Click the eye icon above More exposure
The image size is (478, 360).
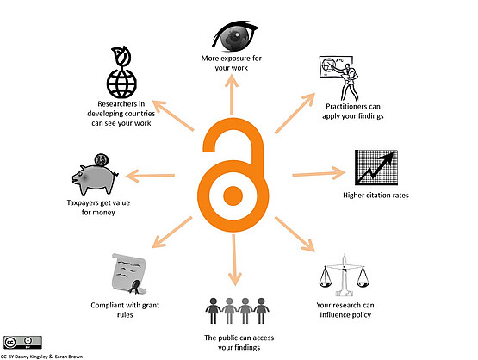click(x=235, y=35)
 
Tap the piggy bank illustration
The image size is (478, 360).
click(x=95, y=178)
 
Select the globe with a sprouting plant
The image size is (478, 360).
click(x=121, y=72)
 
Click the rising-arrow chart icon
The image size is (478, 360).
click(x=376, y=168)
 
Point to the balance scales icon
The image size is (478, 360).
click(x=345, y=276)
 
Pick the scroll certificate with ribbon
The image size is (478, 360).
click(x=129, y=274)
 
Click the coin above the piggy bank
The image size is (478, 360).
click(x=102, y=159)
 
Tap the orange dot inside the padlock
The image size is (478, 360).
click(x=233, y=196)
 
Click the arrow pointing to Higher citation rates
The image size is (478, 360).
click(x=319, y=173)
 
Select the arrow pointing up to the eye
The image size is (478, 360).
click(x=232, y=95)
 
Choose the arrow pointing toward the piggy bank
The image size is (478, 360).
click(x=150, y=176)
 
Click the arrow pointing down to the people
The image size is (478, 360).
click(x=234, y=260)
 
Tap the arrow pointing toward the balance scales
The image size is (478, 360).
click(x=295, y=234)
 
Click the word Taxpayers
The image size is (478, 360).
click(x=83, y=203)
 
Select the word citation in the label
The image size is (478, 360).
click(x=376, y=196)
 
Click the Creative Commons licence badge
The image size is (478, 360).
click(x=22, y=343)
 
